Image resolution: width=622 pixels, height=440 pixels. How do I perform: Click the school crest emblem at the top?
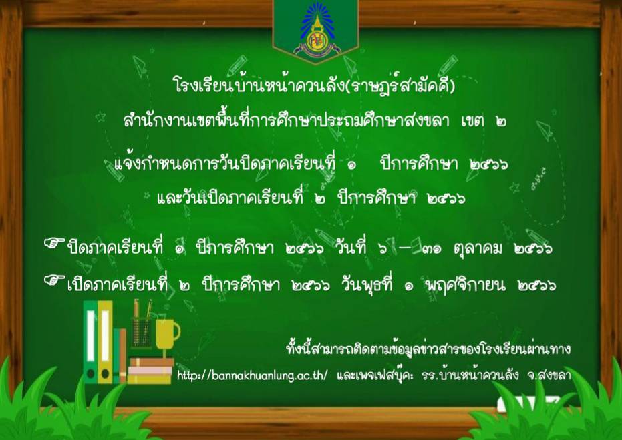pos(317,30)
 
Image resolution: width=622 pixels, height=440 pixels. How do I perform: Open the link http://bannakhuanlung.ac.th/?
pos(253,375)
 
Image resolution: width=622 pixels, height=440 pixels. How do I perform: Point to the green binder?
pos(90,342)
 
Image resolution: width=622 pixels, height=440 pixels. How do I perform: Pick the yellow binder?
pos(105,342)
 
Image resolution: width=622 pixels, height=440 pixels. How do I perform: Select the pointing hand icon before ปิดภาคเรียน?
pos(54,244)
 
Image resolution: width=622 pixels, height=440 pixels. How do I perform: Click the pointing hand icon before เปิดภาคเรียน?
pos(54,280)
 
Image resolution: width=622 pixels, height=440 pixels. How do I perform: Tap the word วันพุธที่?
pos(367,284)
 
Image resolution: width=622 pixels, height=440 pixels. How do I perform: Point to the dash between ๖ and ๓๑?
pos(405,248)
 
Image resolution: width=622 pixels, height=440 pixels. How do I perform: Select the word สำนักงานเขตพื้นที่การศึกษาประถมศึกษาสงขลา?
pos(286,120)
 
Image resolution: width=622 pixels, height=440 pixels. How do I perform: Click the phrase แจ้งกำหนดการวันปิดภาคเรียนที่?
pos(225,163)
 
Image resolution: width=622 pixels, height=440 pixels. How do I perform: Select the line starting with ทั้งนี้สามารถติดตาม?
pos(428,349)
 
